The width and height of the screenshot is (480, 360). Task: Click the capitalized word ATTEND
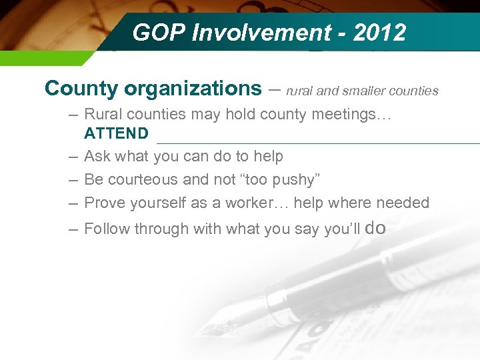coord(116,133)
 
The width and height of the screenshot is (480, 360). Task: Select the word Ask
coord(97,157)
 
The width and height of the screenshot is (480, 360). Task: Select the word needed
coord(403,203)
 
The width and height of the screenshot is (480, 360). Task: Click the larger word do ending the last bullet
coord(376,228)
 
